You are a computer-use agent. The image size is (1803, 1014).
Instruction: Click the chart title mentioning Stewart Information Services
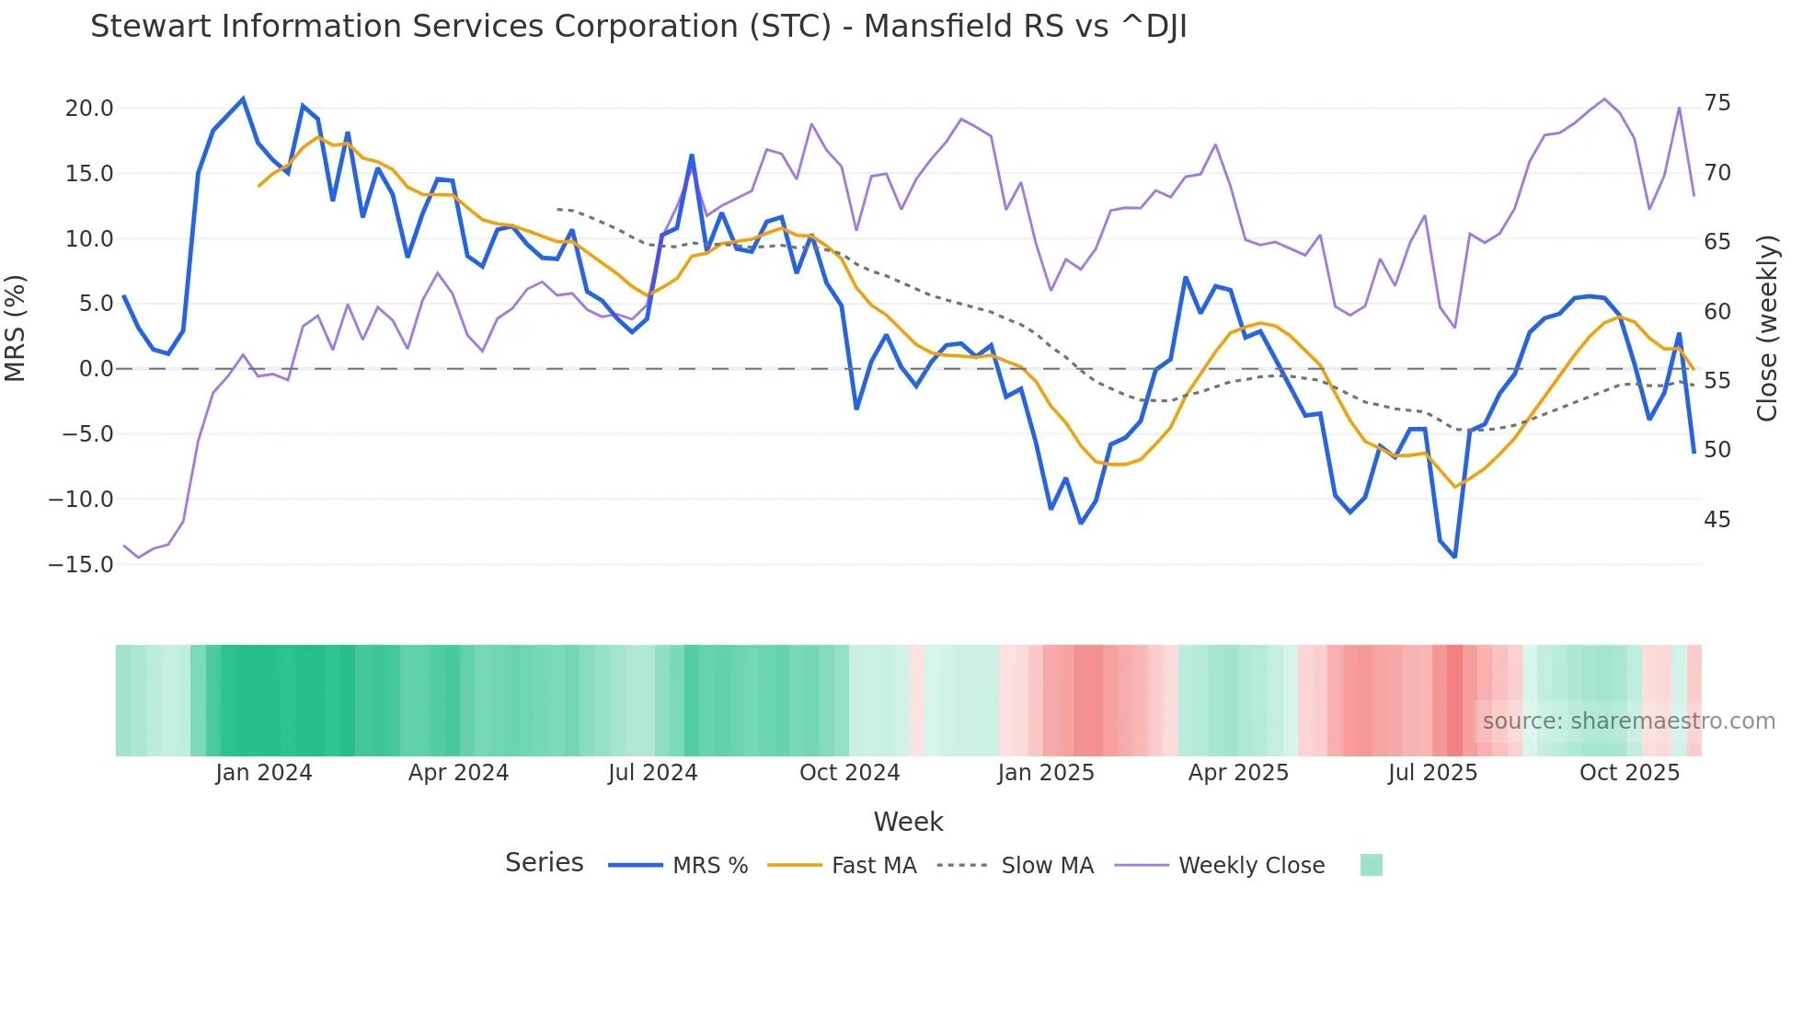click(638, 27)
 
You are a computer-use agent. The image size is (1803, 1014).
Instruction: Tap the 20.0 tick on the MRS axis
click(89, 109)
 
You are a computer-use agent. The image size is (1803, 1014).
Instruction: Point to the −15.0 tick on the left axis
click(81, 565)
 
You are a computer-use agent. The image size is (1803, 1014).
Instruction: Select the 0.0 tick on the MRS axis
click(96, 369)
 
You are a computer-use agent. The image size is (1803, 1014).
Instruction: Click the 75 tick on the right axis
click(1717, 103)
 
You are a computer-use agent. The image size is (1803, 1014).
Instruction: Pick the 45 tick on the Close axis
click(1717, 520)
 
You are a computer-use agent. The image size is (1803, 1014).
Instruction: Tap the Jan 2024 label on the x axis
click(264, 773)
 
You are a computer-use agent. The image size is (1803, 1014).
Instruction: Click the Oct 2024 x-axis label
click(849, 773)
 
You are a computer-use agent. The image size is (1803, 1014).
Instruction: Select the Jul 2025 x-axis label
click(1432, 773)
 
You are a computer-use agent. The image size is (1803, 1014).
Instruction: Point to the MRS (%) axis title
click(16, 328)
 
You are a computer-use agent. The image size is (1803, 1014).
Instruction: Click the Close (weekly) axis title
click(1766, 328)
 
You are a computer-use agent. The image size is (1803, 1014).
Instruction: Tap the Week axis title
click(908, 822)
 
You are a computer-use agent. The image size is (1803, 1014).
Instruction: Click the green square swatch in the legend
click(1371, 865)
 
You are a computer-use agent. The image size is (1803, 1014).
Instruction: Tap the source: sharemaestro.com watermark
click(1628, 721)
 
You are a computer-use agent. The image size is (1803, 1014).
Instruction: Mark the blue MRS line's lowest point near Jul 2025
click(1454, 557)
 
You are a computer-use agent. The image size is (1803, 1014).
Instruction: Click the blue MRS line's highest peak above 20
click(243, 98)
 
